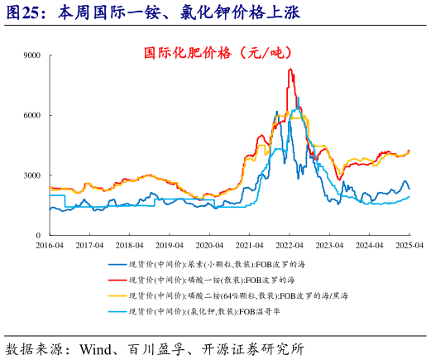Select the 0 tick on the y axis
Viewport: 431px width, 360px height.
pos(40,235)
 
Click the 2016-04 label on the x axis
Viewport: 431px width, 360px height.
pos(50,246)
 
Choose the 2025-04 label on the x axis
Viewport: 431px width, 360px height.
pos(409,246)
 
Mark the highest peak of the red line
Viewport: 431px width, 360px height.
pos(290,70)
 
